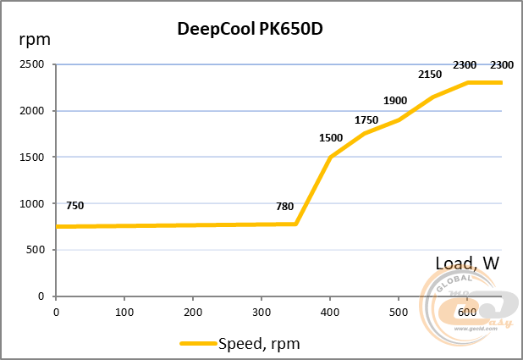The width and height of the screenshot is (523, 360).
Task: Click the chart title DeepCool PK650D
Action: pos(250,28)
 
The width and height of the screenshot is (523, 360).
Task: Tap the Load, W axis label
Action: pos(467,263)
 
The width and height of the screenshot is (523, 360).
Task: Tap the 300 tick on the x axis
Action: pos(261,311)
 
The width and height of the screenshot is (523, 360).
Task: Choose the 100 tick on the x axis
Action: pos(124,311)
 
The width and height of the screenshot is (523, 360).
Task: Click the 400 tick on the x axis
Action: pos(330,311)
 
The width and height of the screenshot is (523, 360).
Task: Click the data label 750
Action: pos(74,206)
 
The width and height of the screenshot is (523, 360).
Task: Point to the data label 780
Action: pos(285,206)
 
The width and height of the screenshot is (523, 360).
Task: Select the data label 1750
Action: pos(366,119)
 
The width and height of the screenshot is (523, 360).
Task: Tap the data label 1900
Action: pos(395,101)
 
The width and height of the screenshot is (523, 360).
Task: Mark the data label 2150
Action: pos(430,75)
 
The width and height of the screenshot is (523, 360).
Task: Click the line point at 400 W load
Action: pos(330,158)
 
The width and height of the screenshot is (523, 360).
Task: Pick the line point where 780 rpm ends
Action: pos(296,224)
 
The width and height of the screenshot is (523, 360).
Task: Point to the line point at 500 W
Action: pos(399,119)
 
